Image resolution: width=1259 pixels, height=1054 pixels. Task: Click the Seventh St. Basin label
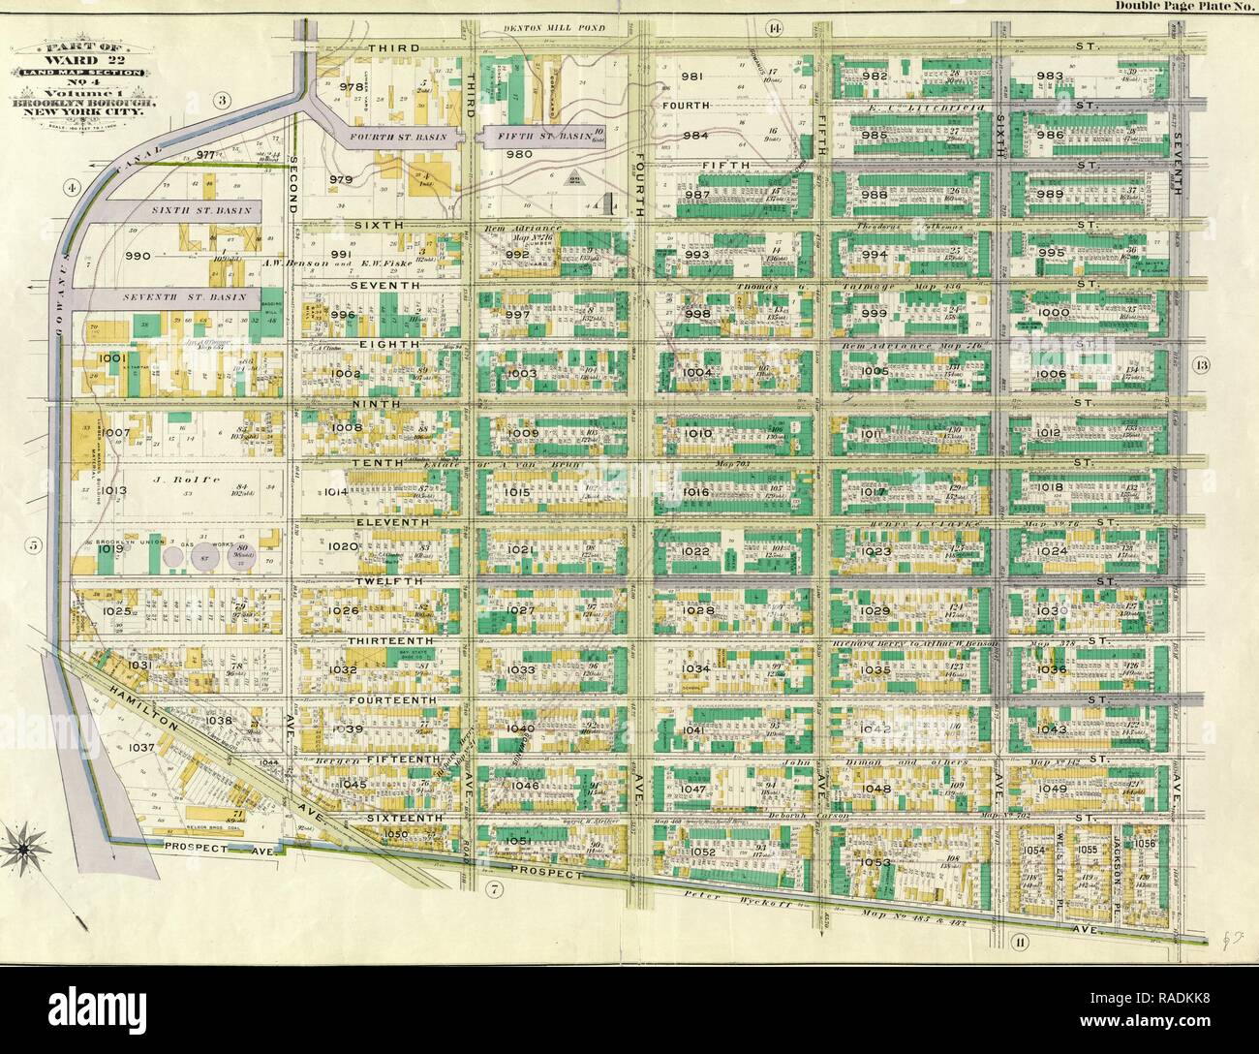click(188, 296)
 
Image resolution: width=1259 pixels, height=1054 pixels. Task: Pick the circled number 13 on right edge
click(1201, 365)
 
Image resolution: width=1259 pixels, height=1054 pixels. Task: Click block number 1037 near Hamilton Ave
click(142, 748)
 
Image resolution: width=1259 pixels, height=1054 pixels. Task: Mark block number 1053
click(873, 861)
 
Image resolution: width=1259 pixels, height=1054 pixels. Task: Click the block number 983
click(1049, 77)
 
